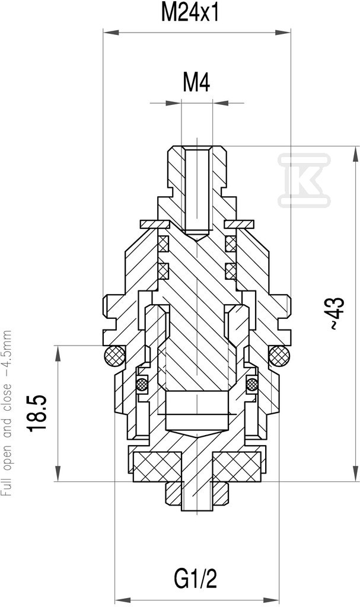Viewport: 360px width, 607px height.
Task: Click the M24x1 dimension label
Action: tap(190, 13)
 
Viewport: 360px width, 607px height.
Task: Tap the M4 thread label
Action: tap(196, 82)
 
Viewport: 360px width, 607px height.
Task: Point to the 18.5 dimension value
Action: tap(38, 413)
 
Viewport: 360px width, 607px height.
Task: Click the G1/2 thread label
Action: tap(195, 580)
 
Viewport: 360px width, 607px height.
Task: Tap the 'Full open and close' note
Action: tap(7, 413)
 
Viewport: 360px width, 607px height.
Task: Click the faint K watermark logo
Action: tap(304, 180)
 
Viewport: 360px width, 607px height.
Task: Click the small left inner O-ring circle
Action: tap(141, 384)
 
